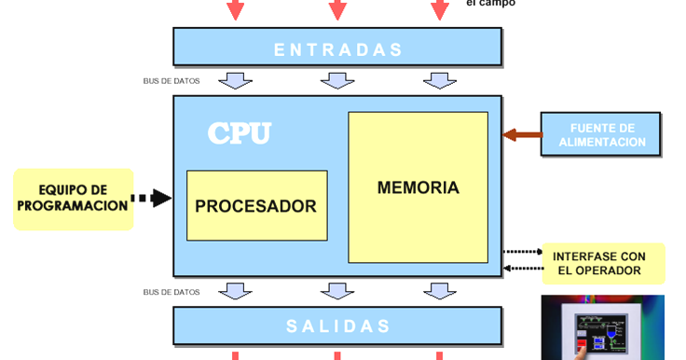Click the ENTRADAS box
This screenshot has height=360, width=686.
(x=337, y=49)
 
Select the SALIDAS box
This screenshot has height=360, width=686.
(x=337, y=326)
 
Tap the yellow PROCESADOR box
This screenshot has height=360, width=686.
(x=256, y=205)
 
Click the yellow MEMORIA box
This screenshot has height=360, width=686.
(x=418, y=187)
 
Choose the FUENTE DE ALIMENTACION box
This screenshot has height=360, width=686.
(x=602, y=135)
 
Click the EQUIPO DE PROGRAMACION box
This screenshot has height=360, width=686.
(x=73, y=198)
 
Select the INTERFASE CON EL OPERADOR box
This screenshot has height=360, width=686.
(x=603, y=263)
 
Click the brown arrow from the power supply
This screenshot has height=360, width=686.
(x=523, y=135)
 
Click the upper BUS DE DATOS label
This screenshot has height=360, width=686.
(x=171, y=81)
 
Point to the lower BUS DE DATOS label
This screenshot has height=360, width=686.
(x=171, y=292)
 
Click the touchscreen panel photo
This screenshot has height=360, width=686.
(x=603, y=326)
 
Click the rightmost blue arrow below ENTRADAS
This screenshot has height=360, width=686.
(x=439, y=81)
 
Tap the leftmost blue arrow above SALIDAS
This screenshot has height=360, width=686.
(x=236, y=292)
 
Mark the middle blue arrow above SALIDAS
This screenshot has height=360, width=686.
(x=337, y=292)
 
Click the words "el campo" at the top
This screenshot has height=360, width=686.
(x=490, y=4)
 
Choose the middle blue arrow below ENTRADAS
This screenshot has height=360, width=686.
(x=337, y=81)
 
